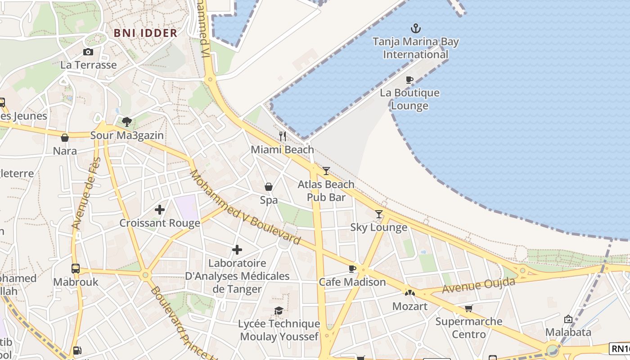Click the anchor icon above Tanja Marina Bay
tap(416, 29)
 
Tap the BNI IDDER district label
tap(145, 33)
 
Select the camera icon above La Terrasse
tap(88, 52)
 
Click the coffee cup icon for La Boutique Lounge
tap(409, 80)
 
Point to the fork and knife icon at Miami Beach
tap(283, 136)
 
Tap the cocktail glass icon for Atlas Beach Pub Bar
tap(326, 171)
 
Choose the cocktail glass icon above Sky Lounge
tap(379, 214)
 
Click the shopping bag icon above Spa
tap(269, 187)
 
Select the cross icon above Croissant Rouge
tap(160, 210)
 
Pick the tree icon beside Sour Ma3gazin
tap(127, 121)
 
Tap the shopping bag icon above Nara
tap(65, 138)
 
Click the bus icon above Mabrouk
tap(76, 269)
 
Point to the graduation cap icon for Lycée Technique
tap(279, 310)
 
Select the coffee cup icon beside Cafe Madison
tap(352, 269)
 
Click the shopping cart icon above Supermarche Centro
tap(469, 308)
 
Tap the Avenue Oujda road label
tap(479, 286)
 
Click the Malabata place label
tap(568, 332)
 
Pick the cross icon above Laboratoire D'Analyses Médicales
tap(237, 250)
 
